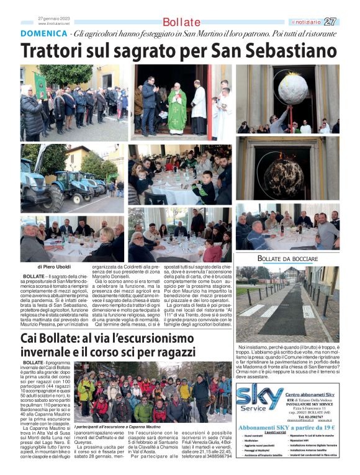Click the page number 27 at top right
[x=330, y=21]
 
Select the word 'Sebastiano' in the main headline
[x=282, y=51]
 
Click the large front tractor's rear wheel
[x=52, y=200]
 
